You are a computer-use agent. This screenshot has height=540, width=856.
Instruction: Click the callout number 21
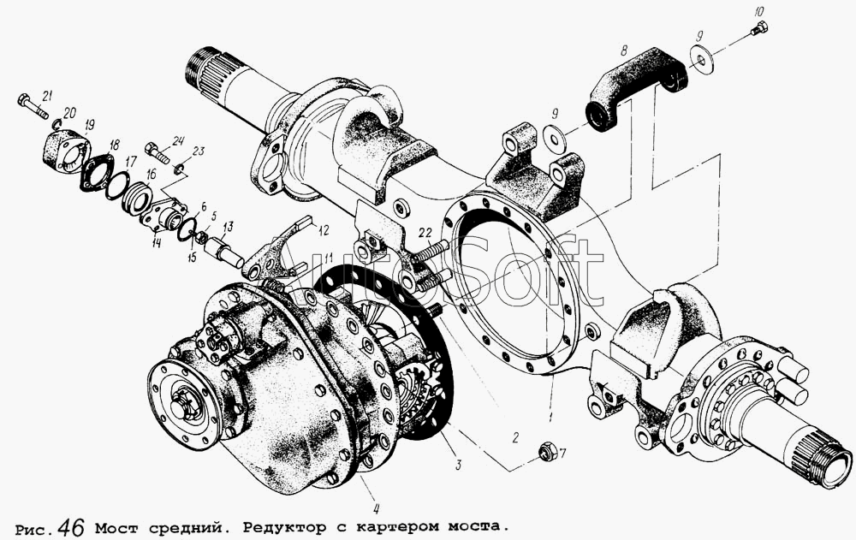point(46,97)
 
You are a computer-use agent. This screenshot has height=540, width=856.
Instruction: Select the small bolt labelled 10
point(758,29)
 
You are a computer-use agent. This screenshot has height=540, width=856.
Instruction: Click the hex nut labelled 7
point(546,452)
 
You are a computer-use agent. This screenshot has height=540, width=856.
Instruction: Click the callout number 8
point(623,50)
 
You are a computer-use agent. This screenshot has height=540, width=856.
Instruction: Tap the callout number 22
point(425,233)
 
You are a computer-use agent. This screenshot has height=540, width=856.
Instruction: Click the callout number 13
point(227,226)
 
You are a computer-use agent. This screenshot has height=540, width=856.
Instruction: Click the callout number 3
point(459,465)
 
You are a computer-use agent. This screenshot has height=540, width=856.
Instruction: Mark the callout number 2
point(514,437)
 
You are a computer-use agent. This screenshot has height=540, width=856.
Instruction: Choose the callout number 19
point(89,125)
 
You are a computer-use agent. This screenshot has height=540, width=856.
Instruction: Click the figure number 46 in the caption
point(70,527)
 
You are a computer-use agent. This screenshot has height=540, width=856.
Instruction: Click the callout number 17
point(131,162)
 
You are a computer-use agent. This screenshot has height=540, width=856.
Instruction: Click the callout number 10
point(759,11)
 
